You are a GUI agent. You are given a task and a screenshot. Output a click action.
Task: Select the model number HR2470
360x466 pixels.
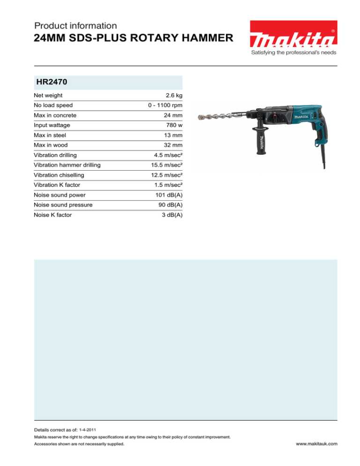pyautogui.click(x=52, y=83)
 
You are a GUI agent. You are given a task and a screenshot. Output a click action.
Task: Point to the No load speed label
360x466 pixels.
pyautogui.click(x=53, y=105)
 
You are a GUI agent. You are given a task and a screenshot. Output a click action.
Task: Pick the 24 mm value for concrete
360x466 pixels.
pyautogui.click(x=171, y=115)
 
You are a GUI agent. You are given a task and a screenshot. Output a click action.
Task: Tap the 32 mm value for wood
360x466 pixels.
pyautogui.click(x=171, y=145)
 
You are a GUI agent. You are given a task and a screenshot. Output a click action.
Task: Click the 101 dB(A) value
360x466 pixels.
pyautogui.click(x=168, y=195)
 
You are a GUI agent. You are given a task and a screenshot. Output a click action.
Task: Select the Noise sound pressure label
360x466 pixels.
pyautogui.click(x=63, y=205)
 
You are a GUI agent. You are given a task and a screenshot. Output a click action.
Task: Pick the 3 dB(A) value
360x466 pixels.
pyautogui.click(x=171, y=215)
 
